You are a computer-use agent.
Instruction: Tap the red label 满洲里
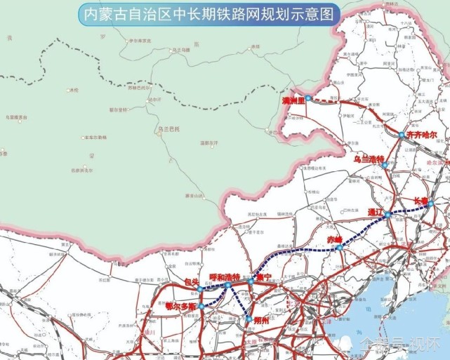(293, 102)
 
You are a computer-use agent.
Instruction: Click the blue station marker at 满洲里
(307, 98)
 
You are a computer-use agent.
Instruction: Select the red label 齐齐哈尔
(421, 134)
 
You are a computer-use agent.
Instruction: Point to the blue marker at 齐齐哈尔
(401, 135)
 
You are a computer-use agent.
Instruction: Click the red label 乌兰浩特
(370, 159)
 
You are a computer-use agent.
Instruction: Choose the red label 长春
(421, 200)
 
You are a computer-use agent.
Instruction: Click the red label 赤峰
(335, 239)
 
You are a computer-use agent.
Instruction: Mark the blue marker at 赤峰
(340, 247)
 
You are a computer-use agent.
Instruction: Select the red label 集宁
(264, 276)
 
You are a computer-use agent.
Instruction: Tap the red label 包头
(192, 281)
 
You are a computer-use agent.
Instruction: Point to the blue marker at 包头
(200, 289)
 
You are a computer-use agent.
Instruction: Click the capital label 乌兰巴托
(169, 128)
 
